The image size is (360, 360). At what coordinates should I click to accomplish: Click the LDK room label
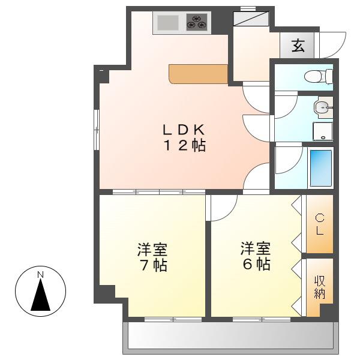pyautogui.click(x=184, y=130)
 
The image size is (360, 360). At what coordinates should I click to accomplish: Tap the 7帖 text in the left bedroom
pyautogui.click(x=154, y=265)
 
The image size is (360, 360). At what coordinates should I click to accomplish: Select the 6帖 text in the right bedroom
pyautogui.click(x=256, y=264)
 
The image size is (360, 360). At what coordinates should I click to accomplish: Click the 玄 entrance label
pyautogui.click(x=298, y=45)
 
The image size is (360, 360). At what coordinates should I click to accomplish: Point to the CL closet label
pyautogui.click(x=320, y=224)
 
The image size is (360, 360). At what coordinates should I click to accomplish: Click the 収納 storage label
pyautogui.click(x=320, y=287)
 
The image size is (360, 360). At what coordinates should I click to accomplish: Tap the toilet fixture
pyautogui.click(x=318, y=76)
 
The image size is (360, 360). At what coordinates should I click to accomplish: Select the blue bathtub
pyautogui.click(x=321, y=168)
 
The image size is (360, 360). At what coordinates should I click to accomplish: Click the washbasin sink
pyautogui.click(x=323, y=107)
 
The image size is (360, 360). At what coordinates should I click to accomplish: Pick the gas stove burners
pyautogui.click(x=197, y=22)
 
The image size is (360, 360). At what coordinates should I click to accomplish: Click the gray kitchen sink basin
pyautogui.click(x=168, y=22)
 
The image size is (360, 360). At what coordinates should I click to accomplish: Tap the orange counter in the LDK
pyautogui.click(x=199, y=74)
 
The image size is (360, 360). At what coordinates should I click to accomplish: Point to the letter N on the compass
pyautogui.click(x=41, y=275)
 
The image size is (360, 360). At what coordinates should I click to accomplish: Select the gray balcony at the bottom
pyautogui.click(x=230, y=338)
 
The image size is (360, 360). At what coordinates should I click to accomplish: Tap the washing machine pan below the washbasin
pyautogui.click(x=323, y=131)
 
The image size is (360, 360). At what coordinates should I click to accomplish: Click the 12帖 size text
pyautogui.click(x=184, y=145)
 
